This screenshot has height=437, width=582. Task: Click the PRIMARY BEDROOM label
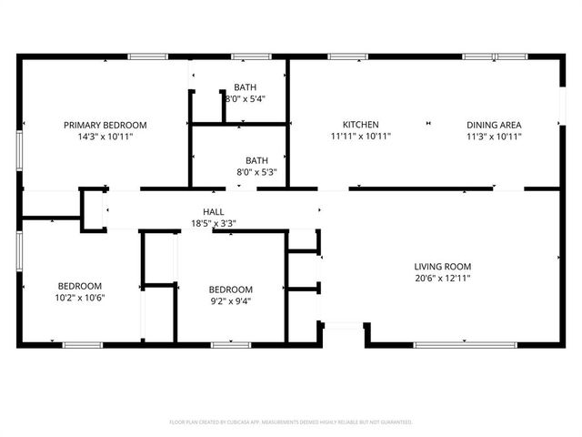pos(105,125)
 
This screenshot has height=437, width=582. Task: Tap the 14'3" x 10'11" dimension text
pos(105,137)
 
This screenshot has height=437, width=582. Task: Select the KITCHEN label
pos(360,125)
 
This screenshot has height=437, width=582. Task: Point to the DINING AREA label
pos(494,125)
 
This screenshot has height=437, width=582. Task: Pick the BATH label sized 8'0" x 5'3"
pos(256,160)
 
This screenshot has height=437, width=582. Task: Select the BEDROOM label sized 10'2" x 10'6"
pos(80,286)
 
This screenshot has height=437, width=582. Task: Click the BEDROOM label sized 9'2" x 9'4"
pos(231,290)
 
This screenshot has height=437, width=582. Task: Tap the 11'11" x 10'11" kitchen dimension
pos(360,137)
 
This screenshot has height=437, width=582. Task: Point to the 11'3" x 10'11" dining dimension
pos(494,137)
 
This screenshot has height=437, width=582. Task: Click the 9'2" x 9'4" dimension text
pos(231,302)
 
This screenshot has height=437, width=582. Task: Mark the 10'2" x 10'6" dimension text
pos(80,298)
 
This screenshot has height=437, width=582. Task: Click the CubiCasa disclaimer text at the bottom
pos(291,422)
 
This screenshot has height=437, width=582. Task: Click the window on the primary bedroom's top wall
pos(147,57)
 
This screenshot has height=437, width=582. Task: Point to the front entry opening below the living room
pos(343,324)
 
